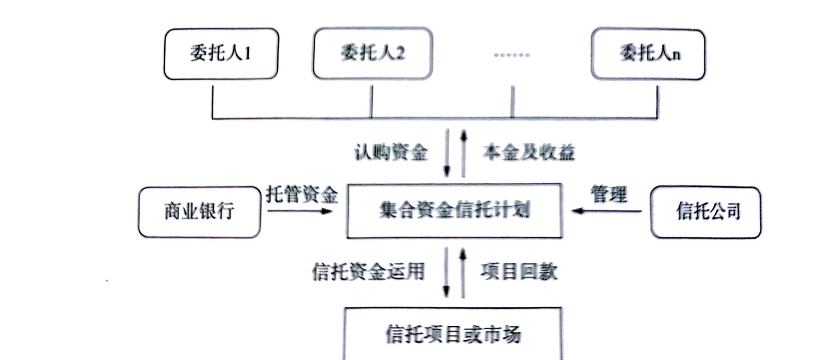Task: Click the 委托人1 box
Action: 221,54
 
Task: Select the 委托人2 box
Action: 372,54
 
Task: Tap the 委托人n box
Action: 648,54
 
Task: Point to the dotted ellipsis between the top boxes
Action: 511,55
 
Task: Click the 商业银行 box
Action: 199,211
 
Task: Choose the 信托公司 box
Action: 705,212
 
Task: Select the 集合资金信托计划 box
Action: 454,211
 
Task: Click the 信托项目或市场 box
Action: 453,333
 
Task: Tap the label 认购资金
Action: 390,153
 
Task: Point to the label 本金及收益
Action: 528,153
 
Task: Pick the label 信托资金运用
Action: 368,272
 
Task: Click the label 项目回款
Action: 519,272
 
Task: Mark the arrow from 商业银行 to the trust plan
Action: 300,211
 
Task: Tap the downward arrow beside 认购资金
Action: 447,153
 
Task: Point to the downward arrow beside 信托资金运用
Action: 446,273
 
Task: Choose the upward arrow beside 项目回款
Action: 463,273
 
